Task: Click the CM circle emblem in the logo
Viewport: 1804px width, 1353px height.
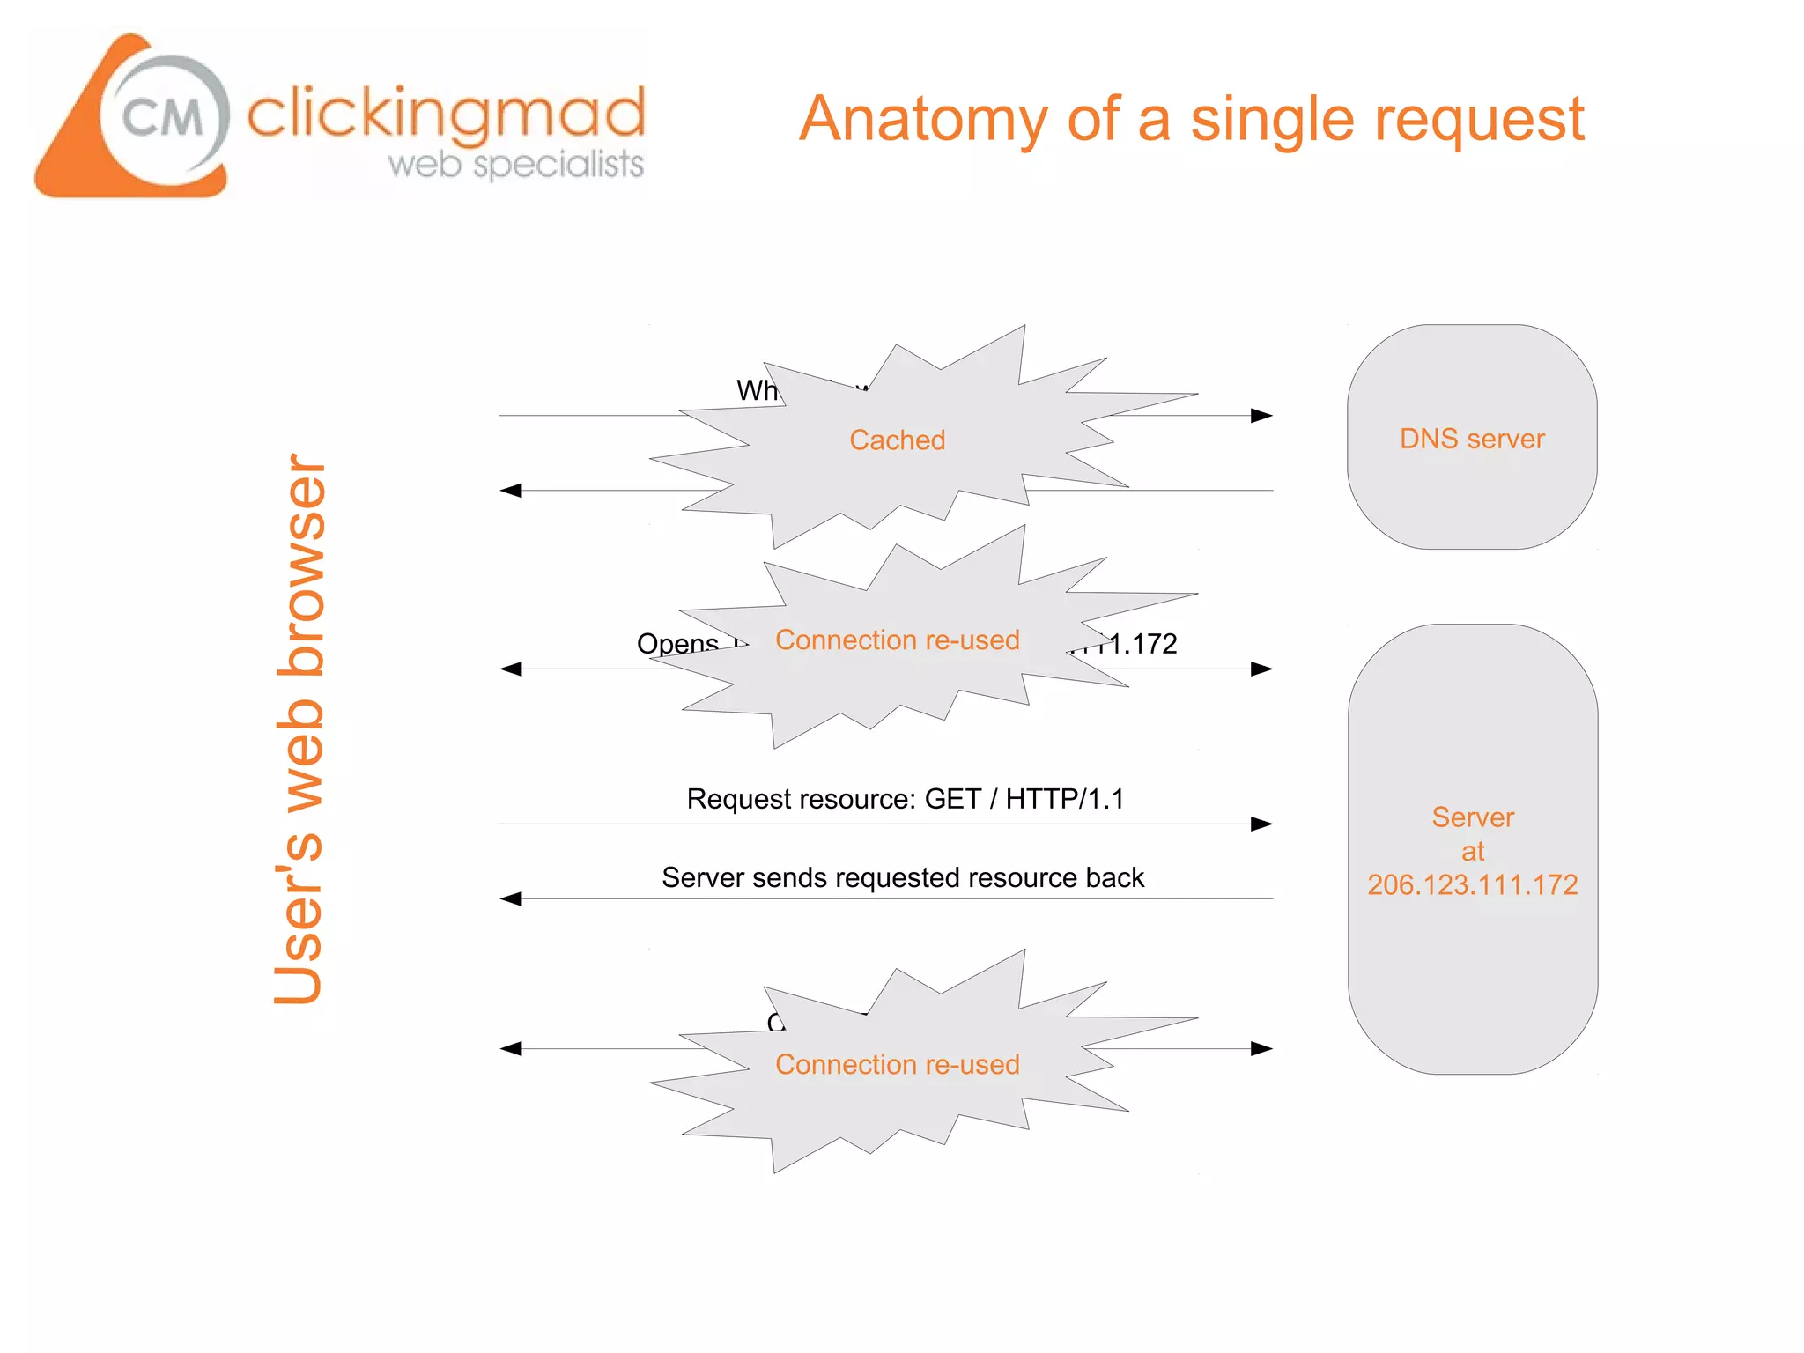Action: point(164,117)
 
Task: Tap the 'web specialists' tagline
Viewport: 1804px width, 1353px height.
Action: point(516,164)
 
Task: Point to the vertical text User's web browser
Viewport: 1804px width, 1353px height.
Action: point(299,729)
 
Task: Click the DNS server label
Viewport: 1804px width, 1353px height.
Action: point(1472,439)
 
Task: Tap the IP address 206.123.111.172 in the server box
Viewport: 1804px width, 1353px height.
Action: point(1472,884)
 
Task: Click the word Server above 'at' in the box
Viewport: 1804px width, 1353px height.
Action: point(1472,817)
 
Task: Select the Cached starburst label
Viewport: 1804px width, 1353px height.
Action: point(897,440)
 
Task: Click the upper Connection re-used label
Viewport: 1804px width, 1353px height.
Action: point(897,640)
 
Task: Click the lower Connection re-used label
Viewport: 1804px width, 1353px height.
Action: point(897,1064)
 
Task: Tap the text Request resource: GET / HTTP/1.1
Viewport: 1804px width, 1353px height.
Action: point(905,799)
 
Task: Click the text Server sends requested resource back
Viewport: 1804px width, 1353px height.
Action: point(903,877)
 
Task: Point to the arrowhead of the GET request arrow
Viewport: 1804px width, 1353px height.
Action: point(1262,824)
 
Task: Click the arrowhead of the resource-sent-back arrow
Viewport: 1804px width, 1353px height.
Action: point(511,899)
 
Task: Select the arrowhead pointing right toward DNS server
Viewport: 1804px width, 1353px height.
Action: point(1262,416)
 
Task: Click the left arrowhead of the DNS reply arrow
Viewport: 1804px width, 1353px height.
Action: point(511,491)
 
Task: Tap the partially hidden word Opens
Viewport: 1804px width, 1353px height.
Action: point(677,644)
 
